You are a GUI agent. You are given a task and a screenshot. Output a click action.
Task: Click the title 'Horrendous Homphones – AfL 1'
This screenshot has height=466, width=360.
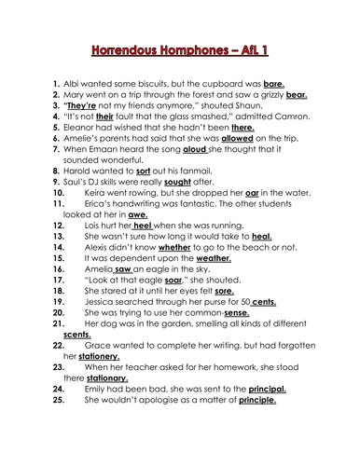point(179,45)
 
